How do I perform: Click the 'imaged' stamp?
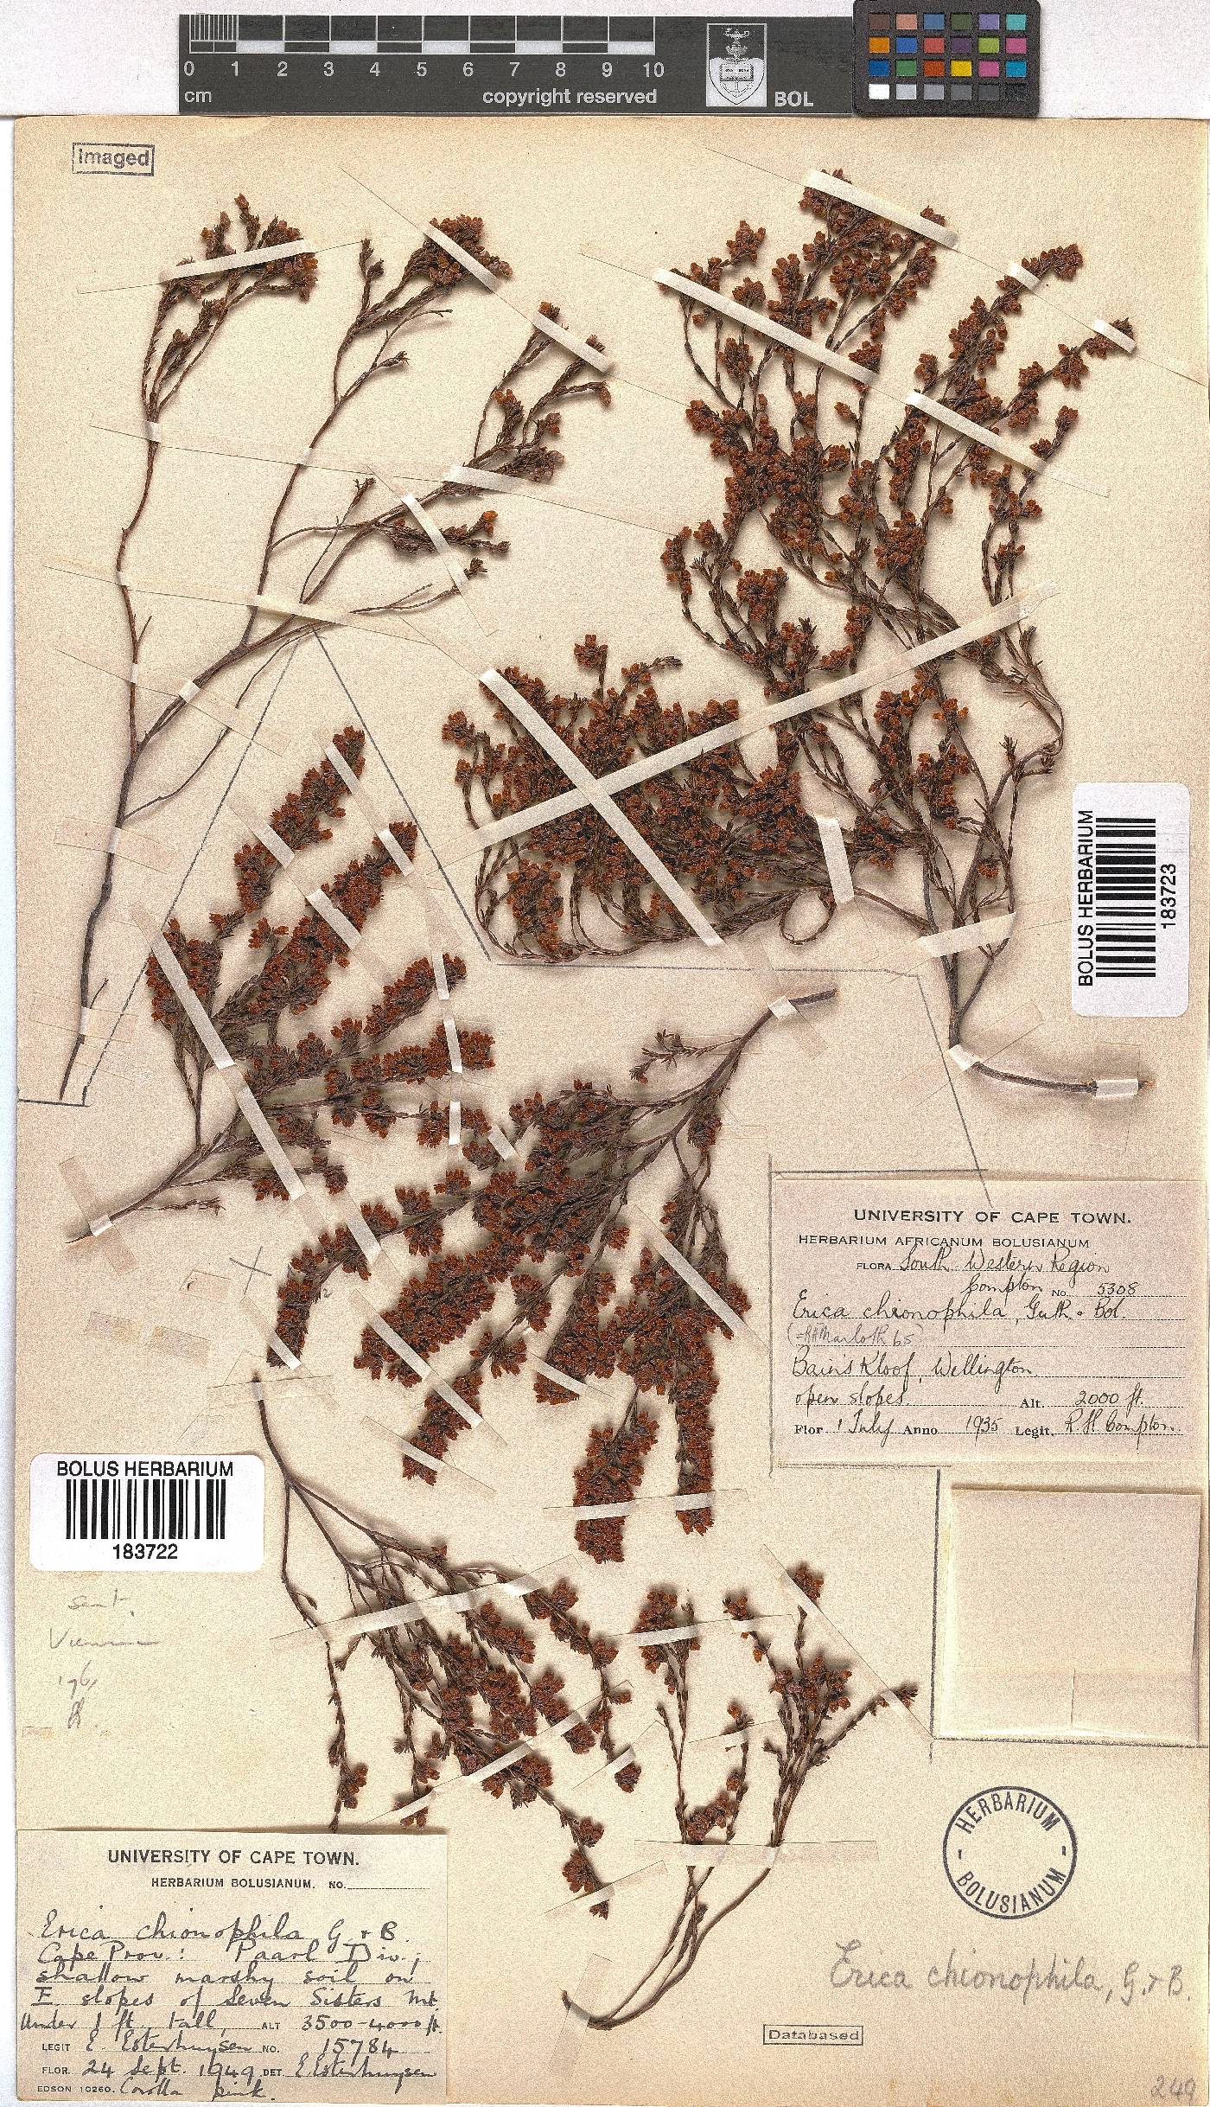[113, 158]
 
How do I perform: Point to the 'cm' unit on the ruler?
[198, 97]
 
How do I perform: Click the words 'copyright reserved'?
[569, 97]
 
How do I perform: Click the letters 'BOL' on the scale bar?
[793, 98]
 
